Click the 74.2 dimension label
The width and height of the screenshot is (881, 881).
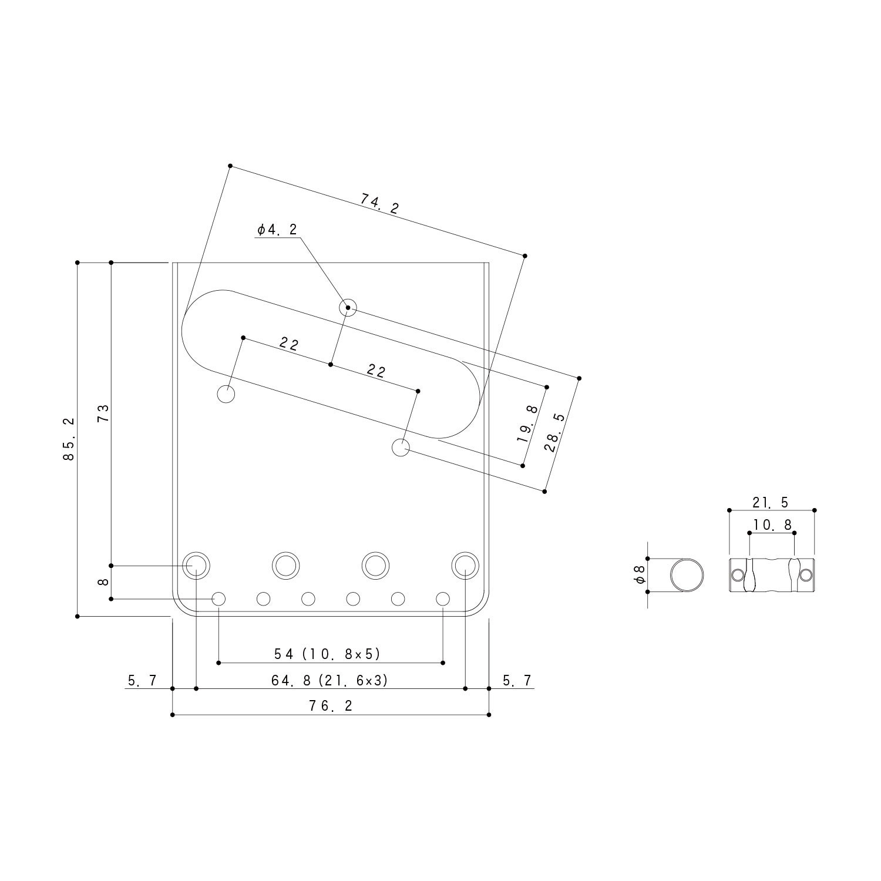pos(379,204)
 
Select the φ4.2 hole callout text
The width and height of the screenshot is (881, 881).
pos(277,230)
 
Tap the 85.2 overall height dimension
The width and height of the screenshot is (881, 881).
pos(69,439)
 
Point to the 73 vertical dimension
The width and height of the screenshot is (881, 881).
pos(103,413)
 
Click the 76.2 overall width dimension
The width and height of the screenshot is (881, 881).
pos(331,705)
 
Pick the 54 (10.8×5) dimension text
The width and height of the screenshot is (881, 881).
pos(328,654)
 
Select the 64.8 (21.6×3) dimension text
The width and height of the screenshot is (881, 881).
pos(329,680)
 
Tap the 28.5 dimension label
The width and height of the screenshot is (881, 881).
pos(554,432)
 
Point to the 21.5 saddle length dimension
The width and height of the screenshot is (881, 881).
pos(771,502)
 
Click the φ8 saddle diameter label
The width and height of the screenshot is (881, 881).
pos(640,575)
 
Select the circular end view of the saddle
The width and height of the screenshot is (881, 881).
pos(687,575)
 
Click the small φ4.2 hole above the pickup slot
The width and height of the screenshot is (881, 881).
pos(348,307)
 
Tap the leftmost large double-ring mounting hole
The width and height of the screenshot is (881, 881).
pos(196,565)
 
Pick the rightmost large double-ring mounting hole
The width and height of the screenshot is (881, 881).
pos(465,565)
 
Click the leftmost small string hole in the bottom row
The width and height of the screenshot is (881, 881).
pos(218,599)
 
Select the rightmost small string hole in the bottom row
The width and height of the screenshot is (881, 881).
pos(443,599)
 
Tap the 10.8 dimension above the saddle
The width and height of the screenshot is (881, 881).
pos(771,524)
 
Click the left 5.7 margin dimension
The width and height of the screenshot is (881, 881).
pos(142,680)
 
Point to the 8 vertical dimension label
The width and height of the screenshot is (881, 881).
pos(103,582)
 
